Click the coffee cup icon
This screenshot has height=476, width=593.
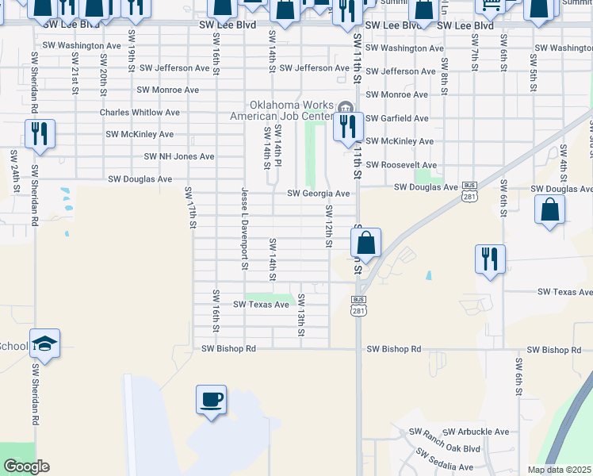tap(211, 399)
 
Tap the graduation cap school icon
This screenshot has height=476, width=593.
tap(45, 344)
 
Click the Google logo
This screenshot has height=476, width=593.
tap(26, 466)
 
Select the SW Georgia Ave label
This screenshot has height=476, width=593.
tap(318, 194)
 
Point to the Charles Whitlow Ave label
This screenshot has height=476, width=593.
tap(140, 113)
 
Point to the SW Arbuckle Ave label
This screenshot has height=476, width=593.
tap(476, 432)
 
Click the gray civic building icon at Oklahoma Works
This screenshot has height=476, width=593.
tap(344, 108)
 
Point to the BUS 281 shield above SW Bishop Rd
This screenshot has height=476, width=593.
tap(359, 305)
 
